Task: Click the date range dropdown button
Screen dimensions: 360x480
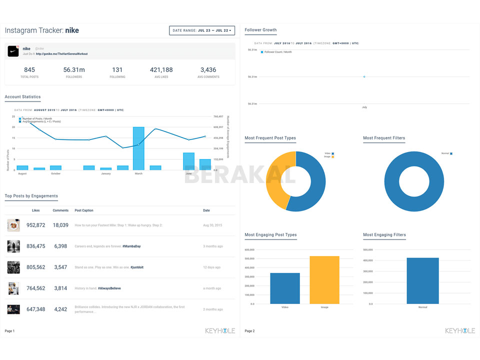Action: coord(202,30)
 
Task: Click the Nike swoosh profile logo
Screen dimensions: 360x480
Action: coord(13,50)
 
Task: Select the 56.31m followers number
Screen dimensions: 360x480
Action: coord(74,70)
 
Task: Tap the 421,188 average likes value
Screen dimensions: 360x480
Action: coord(161,70)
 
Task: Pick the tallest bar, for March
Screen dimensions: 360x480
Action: coord(138,148)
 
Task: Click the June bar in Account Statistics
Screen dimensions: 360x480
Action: coord(188,161)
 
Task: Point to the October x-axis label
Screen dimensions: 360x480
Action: coord(55,173)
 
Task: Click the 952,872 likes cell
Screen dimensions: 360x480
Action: coord(35,225)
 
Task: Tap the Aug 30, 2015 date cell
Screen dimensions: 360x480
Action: coord(212,225)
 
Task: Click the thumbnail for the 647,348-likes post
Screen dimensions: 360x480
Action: coord(13,309)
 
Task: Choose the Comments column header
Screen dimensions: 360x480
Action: coord(60,210)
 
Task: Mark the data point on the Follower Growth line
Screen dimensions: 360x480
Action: coord(364,76)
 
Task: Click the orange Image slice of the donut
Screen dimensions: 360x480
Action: coord(276,180)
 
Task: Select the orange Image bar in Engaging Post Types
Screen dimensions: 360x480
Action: coord(324,280)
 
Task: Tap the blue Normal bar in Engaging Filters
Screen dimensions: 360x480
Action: coord(422,280)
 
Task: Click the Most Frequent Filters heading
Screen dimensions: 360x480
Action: coord(384,138)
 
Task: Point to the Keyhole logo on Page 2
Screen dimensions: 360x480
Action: coord(459,331)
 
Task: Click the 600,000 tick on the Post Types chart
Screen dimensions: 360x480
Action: coord(249,249)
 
